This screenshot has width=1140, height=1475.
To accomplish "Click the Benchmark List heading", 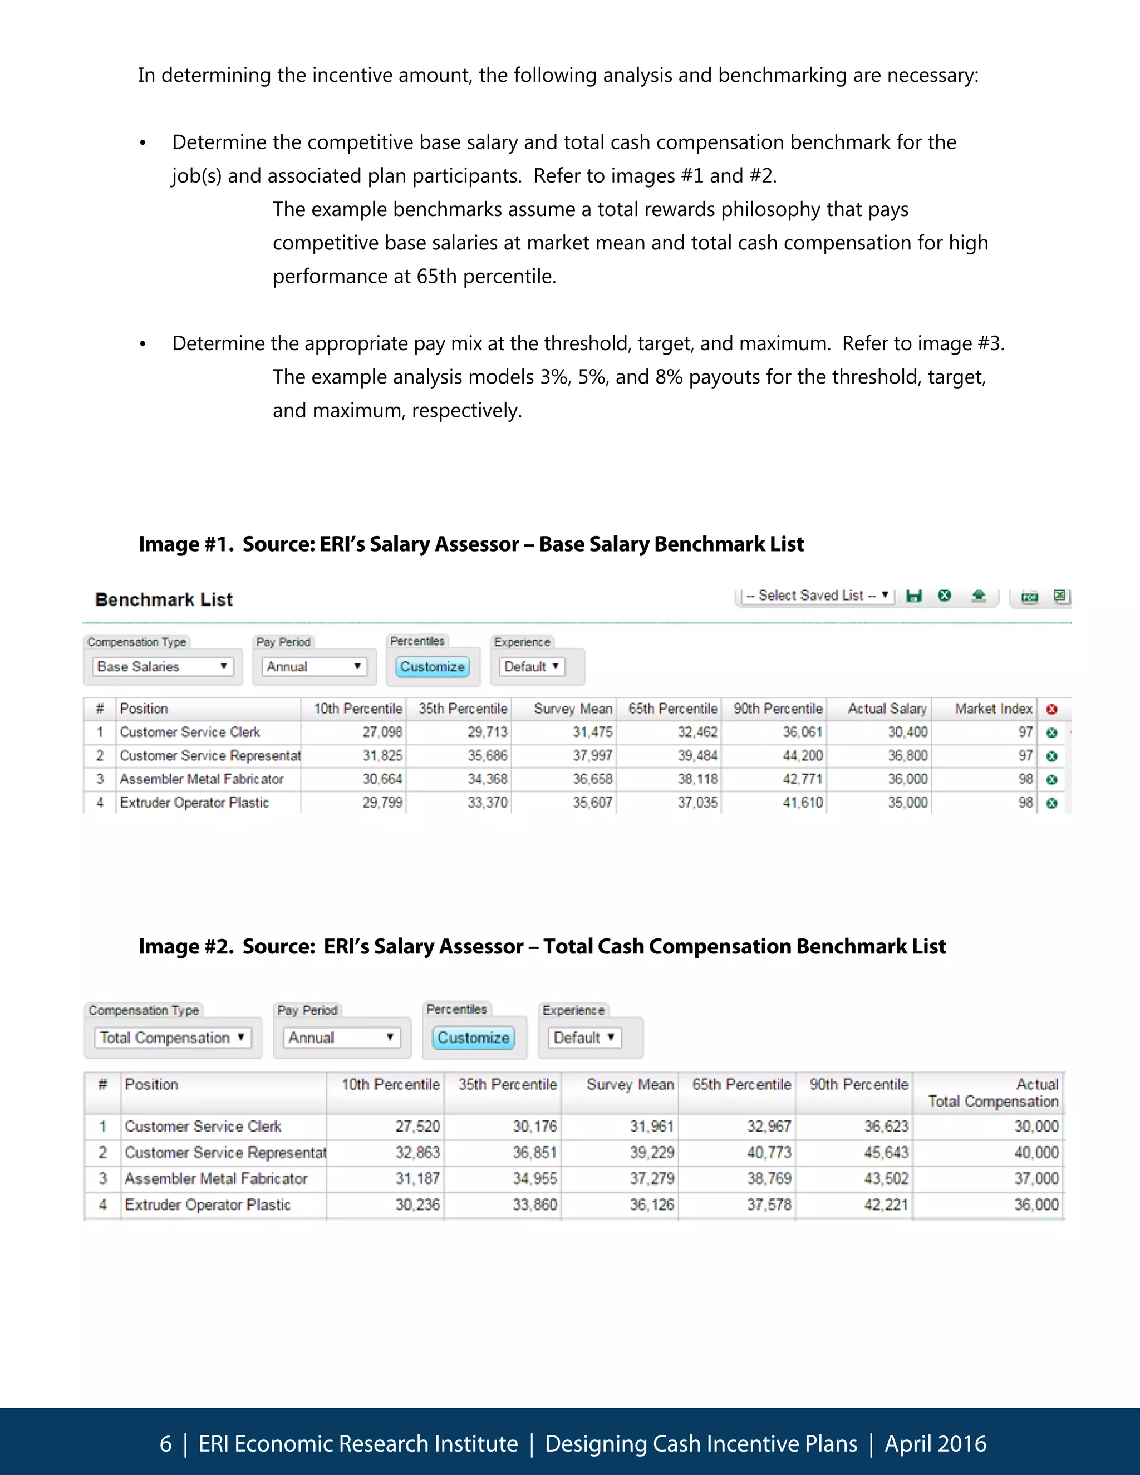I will (x=164, y=599).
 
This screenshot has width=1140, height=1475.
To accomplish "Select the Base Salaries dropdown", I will (x=162, y=667).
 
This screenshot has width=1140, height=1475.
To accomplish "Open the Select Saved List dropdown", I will (x=817, y=596).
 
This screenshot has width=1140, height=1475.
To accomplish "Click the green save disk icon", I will (x=914, y=596).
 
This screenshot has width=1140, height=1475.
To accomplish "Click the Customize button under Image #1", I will (x=432, y=667).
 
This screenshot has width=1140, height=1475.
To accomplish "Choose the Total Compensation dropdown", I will (x=172, y=1038).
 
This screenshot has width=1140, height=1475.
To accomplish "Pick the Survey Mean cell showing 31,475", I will (x=592, y=732).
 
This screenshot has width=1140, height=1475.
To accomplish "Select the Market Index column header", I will (x=993, y=709).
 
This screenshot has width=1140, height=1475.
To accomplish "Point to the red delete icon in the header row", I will (x=1051, y=709).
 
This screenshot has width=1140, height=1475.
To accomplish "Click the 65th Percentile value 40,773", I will (x=769, y=1152).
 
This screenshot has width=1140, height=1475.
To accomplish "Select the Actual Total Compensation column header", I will (x=993, y=1093).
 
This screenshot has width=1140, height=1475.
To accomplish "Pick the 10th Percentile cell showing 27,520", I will (x=417, y=1126).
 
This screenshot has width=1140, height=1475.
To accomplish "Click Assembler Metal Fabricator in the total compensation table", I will (x=216, y=1178).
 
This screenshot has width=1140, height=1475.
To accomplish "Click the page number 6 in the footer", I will (x=165, y=1444).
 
